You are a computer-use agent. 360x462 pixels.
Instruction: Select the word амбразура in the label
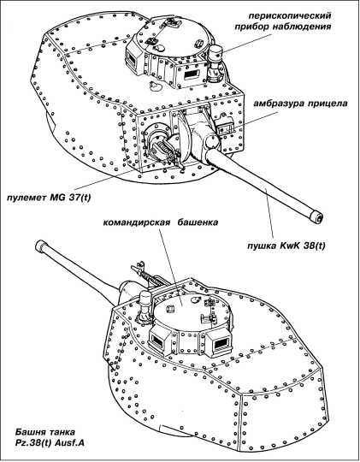pos(279,104)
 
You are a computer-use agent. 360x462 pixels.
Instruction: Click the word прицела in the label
pos(328,104)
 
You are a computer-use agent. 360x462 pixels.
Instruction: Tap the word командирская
pos(137,222)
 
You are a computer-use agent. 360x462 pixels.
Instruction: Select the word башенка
pos(198,222)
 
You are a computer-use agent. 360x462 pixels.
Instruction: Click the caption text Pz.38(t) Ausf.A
pos(50,442)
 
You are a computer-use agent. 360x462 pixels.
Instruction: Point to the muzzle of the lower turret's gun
pos(40,246)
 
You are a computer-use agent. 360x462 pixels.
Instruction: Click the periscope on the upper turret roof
pos(216,63)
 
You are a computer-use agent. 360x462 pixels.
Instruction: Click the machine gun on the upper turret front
pos(166,150)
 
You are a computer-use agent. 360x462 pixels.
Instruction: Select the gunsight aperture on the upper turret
pos(225,125)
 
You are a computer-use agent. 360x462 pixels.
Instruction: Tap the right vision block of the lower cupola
pos(220,341)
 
